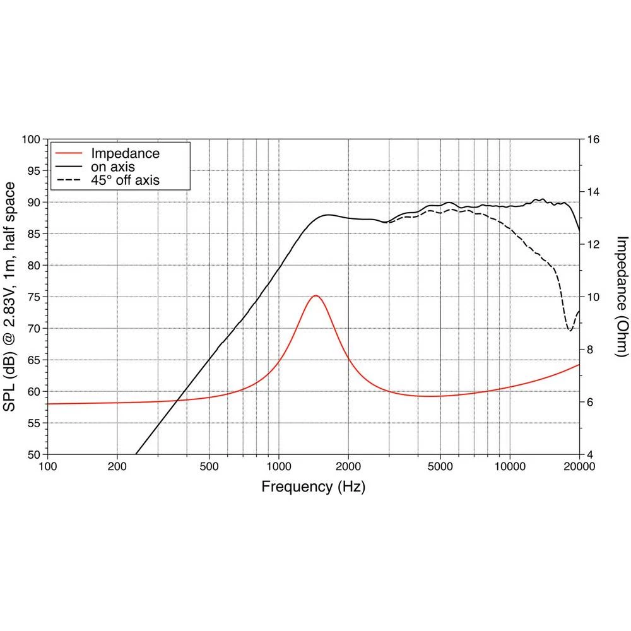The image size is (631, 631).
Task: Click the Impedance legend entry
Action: click(x=125, y=153)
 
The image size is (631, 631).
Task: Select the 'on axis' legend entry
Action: click(x=113, y=167)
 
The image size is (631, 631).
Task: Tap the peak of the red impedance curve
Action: click(x=315, y=295)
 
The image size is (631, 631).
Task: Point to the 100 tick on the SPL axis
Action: click(x=31, y=139)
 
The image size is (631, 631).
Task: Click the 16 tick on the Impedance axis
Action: click(x=593, y=139)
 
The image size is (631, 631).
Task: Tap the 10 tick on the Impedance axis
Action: click(x=593, y=297)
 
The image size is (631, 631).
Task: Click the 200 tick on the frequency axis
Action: click(x=117, y=468)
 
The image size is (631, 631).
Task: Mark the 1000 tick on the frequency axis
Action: click(x=278, y=468)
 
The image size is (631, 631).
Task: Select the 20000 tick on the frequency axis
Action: click(x=579, y=468)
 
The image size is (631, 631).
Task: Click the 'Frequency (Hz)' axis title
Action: click(x=313, y=487)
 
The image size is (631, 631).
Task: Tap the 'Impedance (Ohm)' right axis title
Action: click(x=622, y=296)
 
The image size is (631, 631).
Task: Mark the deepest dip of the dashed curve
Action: click(x=570, y=330)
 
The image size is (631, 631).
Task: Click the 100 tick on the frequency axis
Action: click(x=48, y=468)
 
